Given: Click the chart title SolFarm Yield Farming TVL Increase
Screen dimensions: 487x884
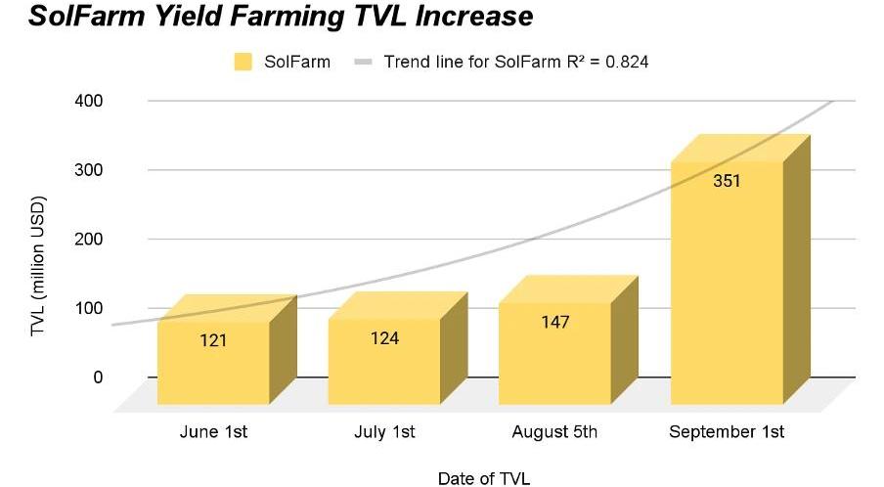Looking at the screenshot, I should pos(281,18).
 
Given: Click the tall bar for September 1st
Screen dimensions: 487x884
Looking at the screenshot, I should pos(727,284).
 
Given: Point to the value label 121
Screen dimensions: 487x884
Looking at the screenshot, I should pos(213,341).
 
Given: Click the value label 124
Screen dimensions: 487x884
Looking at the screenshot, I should pos(384,338).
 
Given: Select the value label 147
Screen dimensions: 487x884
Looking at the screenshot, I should pos(554,322).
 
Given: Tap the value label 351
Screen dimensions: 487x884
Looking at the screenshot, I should pos(727,181).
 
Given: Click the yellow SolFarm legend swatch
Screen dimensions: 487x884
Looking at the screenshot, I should pos(243,62).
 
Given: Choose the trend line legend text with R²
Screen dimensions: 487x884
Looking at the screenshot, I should pos(516,62).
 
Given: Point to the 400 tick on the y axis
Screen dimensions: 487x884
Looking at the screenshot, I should pos(89,101).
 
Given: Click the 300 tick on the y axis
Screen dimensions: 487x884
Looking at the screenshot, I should pos(89,170).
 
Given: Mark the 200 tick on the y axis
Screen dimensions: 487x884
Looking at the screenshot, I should pos(89,239).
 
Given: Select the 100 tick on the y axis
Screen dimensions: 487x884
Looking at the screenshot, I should pos(89,308).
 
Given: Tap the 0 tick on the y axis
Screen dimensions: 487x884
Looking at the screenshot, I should pos(96,376).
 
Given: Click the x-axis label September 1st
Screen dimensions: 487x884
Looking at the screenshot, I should pos(727,432).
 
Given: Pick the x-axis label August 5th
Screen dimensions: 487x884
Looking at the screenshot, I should pos(554,432).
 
